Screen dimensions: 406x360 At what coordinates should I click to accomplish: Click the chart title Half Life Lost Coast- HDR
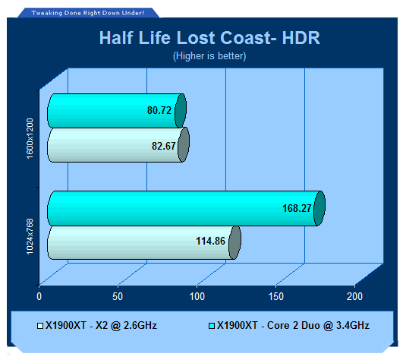click(x=209, y=38)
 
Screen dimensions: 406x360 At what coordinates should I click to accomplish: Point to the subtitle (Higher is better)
click(x=209, y=56)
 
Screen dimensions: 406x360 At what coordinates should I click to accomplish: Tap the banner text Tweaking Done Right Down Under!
click(x=88, y=13)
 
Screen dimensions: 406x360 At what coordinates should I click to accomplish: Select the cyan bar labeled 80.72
click(x=117, y=111)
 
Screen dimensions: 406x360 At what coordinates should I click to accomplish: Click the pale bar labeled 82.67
click(x=118, y=145)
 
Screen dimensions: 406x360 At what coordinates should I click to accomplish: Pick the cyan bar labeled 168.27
click(x=186, y=208)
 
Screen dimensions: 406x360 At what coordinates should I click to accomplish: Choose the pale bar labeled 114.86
click(x=144, y=242)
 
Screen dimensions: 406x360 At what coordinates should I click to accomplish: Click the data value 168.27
click(x=297, y=208)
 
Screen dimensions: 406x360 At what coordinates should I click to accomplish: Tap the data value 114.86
click(x=210, y=241)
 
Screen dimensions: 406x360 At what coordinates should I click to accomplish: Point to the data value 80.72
click(x=159, y=110)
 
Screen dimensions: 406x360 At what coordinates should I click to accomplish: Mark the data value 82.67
click(x=164, y=146)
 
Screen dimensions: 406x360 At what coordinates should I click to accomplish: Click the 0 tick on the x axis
click(x=39, y=296)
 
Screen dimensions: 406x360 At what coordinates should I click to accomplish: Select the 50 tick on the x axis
click(x=118, y=296)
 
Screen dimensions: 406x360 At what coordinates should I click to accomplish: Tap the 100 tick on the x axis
click(x=197, y=296)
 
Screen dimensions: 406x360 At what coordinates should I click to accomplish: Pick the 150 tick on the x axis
click(x=276, y=296)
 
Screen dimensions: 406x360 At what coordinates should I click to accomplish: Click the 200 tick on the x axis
click(x=354, y=296)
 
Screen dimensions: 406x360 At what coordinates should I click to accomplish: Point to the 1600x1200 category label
click(x=30, y=139)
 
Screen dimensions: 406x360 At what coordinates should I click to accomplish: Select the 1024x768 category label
click(x=30, y=237)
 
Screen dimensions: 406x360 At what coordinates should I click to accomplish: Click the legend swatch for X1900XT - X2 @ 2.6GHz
click(x=40, y=326)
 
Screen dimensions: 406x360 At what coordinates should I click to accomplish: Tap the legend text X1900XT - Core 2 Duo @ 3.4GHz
click(x=293, y=326)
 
